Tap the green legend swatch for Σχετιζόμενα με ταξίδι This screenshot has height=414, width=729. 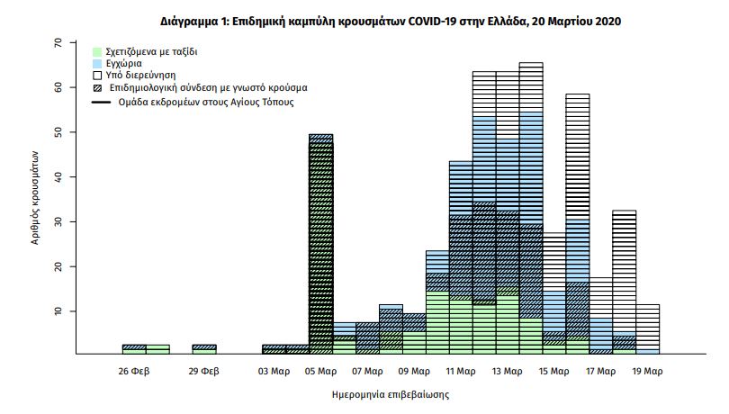pos(98,52)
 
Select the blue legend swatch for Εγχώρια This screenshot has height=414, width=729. pos(98,65)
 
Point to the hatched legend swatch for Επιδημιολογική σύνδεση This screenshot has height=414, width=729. pos(98,89)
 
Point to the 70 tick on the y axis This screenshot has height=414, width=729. pos(58,42)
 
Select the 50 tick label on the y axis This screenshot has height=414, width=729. pos(58,132)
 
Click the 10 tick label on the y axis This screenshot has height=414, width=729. pos(58,311)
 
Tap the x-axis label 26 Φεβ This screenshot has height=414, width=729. pos(134,370)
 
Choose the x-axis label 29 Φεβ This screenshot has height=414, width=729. pos(204,370)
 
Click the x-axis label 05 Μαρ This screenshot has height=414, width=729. pos(321,370)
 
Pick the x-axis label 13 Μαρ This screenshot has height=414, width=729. pos(508,370)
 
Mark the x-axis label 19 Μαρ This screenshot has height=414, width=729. pos(648,370)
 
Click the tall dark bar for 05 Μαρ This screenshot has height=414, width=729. pos(321,243)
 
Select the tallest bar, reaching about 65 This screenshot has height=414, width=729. pos(531,207)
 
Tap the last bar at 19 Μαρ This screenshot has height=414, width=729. pos(648,329)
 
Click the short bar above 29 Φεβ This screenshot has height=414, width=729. pos(204,349)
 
